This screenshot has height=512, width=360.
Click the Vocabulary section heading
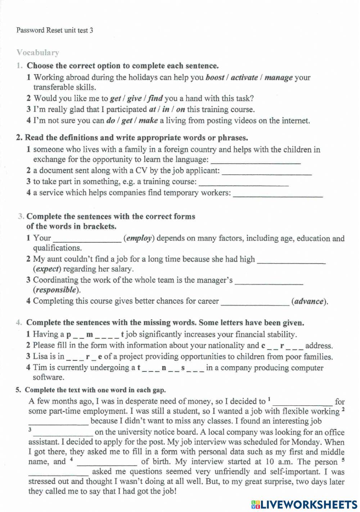pyautogui.click(x=37, y=53)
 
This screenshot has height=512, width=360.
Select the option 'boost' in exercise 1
pyautogui.click(x=215, y=77)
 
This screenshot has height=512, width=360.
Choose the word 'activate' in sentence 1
pyautogui.click(x=244, y=77)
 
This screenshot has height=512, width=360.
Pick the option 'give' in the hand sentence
pyautogui.click(x=134, y=98)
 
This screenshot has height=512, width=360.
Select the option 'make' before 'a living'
pyautogui.click(x=148, y=121)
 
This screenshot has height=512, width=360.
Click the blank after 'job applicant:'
pyautogui.click(x=267, y=172)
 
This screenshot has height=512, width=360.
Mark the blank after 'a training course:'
pyautogui.click(x=244, y=183)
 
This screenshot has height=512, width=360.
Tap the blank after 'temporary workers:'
pyautogui.click(x=278, y=194)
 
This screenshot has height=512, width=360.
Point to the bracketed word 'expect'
pyautogui.click(x=47, y=269)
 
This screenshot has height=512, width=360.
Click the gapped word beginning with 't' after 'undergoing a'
pyautogui.click(x=171, y=368)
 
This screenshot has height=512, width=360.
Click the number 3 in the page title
pyautogui.click(x=91, y=31)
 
